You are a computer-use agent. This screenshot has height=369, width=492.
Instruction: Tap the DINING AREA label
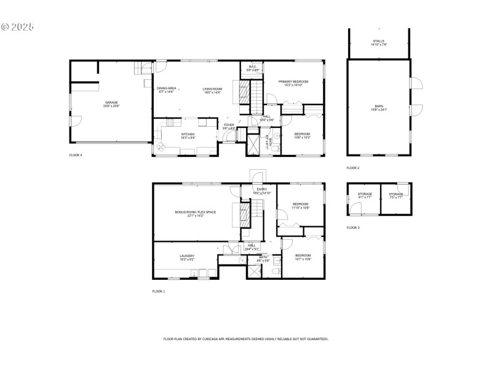click(x=167, y=89)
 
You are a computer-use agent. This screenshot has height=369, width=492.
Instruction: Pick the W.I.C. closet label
click(x=253, y=68)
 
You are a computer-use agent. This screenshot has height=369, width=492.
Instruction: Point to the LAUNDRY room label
click(x=187, y=257)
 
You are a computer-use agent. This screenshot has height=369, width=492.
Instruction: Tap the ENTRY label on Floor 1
click(x=262, y=191)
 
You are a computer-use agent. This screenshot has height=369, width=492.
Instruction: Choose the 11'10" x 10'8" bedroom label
click(x=300, y=205)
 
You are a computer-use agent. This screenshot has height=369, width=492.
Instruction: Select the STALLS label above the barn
click(x=379, y=41)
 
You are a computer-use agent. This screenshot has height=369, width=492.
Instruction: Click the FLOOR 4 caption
click(x=76, y=155)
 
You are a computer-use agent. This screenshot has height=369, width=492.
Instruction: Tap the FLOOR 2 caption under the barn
click(x=353, y=168)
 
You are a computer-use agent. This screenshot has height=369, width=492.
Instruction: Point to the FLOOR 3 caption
click(x=353, y=228)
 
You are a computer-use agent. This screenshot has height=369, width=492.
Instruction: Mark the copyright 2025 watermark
click(x=18, y=27)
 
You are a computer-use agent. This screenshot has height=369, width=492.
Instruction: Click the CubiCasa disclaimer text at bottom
click(x=245, y=339)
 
